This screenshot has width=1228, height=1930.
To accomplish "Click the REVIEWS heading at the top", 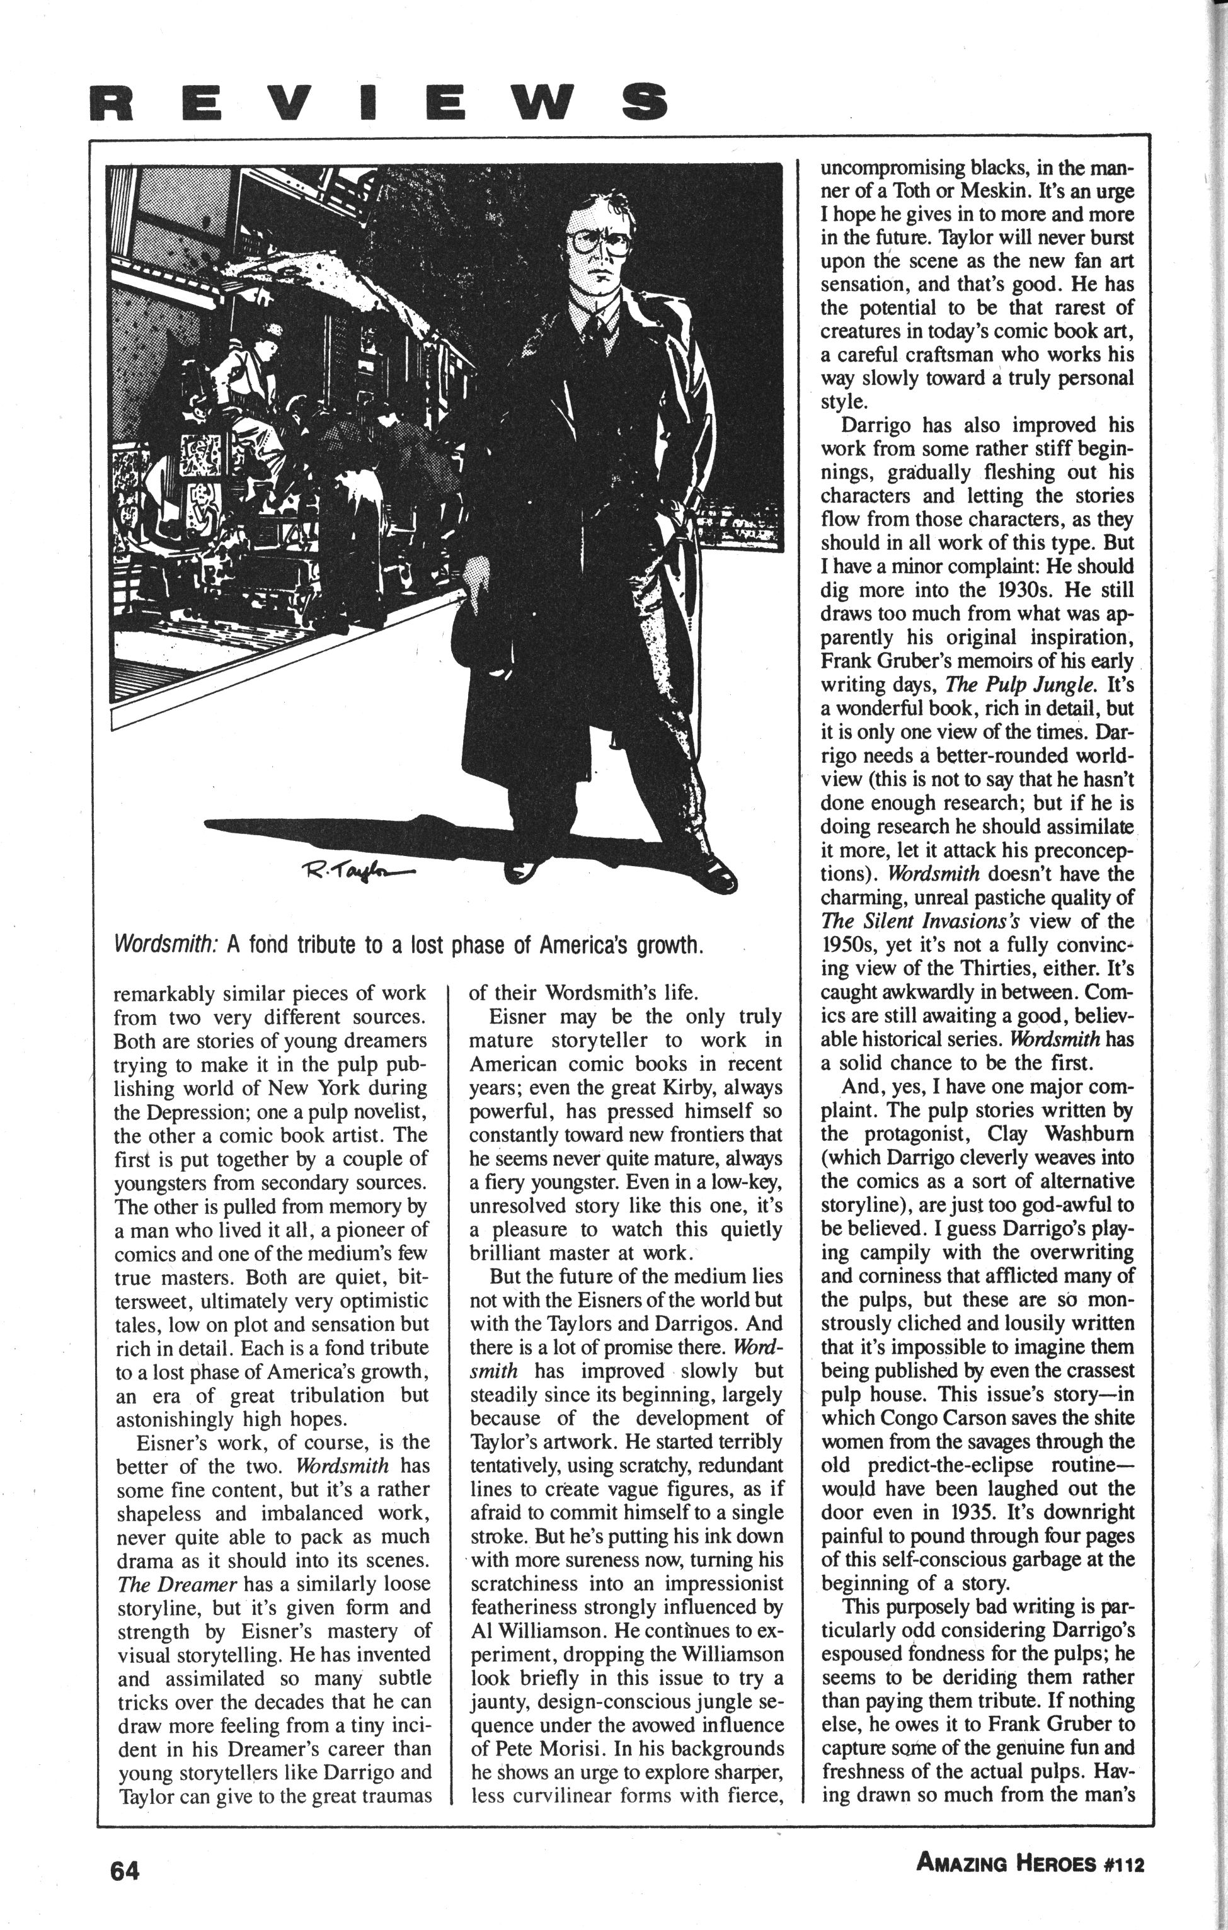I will click(380, 102).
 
